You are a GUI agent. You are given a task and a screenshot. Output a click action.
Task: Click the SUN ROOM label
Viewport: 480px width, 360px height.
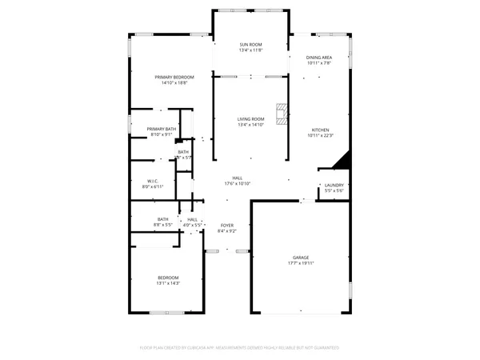(250, 45)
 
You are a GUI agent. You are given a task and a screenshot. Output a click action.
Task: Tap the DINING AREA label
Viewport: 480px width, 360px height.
(319, 58)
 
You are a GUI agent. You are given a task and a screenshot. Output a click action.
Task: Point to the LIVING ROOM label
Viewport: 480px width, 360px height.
(250, 119)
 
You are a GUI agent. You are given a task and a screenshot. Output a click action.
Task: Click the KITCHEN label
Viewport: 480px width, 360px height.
(320, 130)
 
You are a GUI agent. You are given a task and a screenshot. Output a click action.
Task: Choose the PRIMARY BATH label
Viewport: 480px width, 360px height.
(162, 129)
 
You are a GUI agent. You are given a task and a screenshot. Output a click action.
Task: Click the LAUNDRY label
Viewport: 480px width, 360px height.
(334, 185)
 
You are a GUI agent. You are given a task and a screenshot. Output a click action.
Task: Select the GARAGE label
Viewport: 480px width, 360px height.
(300, 258)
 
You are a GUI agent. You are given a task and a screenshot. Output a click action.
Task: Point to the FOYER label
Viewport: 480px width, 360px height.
(227, 226)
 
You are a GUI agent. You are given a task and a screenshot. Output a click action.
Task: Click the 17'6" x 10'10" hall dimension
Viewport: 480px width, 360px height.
(238, 184)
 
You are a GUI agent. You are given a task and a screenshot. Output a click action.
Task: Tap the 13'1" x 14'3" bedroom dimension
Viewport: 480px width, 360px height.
(168, 283)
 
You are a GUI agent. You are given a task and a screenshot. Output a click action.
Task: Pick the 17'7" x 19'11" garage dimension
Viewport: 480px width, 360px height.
(300, 263)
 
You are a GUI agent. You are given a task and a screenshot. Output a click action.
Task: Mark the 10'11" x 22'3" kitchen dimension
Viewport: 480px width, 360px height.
(320, 135)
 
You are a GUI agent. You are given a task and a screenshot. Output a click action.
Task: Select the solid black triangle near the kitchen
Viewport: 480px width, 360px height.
(342, 162)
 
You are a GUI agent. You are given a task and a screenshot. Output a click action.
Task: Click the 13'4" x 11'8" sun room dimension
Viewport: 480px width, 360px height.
(250, 50)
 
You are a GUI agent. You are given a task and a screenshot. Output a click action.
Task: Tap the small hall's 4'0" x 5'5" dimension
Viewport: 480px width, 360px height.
(193, 226)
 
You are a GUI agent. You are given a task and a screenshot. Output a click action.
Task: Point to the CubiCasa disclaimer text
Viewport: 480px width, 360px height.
(239, 348)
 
